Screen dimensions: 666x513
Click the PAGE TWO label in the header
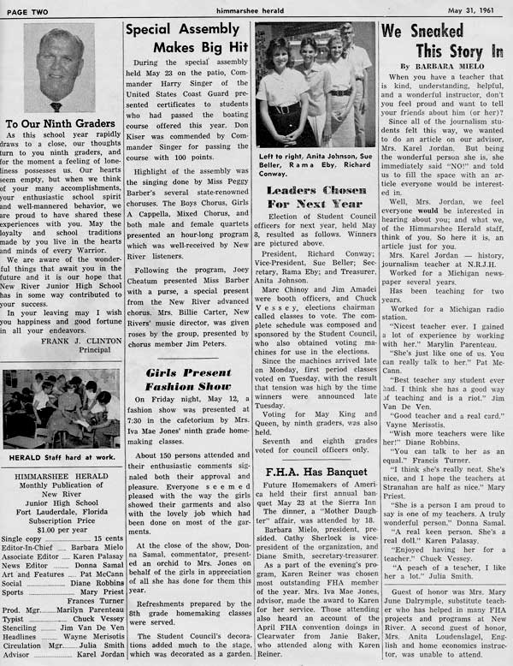pyautogui.click(x=30, y=9)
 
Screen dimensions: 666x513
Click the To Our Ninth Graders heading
pyautogui.click(x=60, y=124)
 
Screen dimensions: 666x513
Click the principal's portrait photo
pyautogui.click(x=60, y=68)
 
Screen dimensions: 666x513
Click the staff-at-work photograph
pyautogui.click(x=60, y=408)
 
